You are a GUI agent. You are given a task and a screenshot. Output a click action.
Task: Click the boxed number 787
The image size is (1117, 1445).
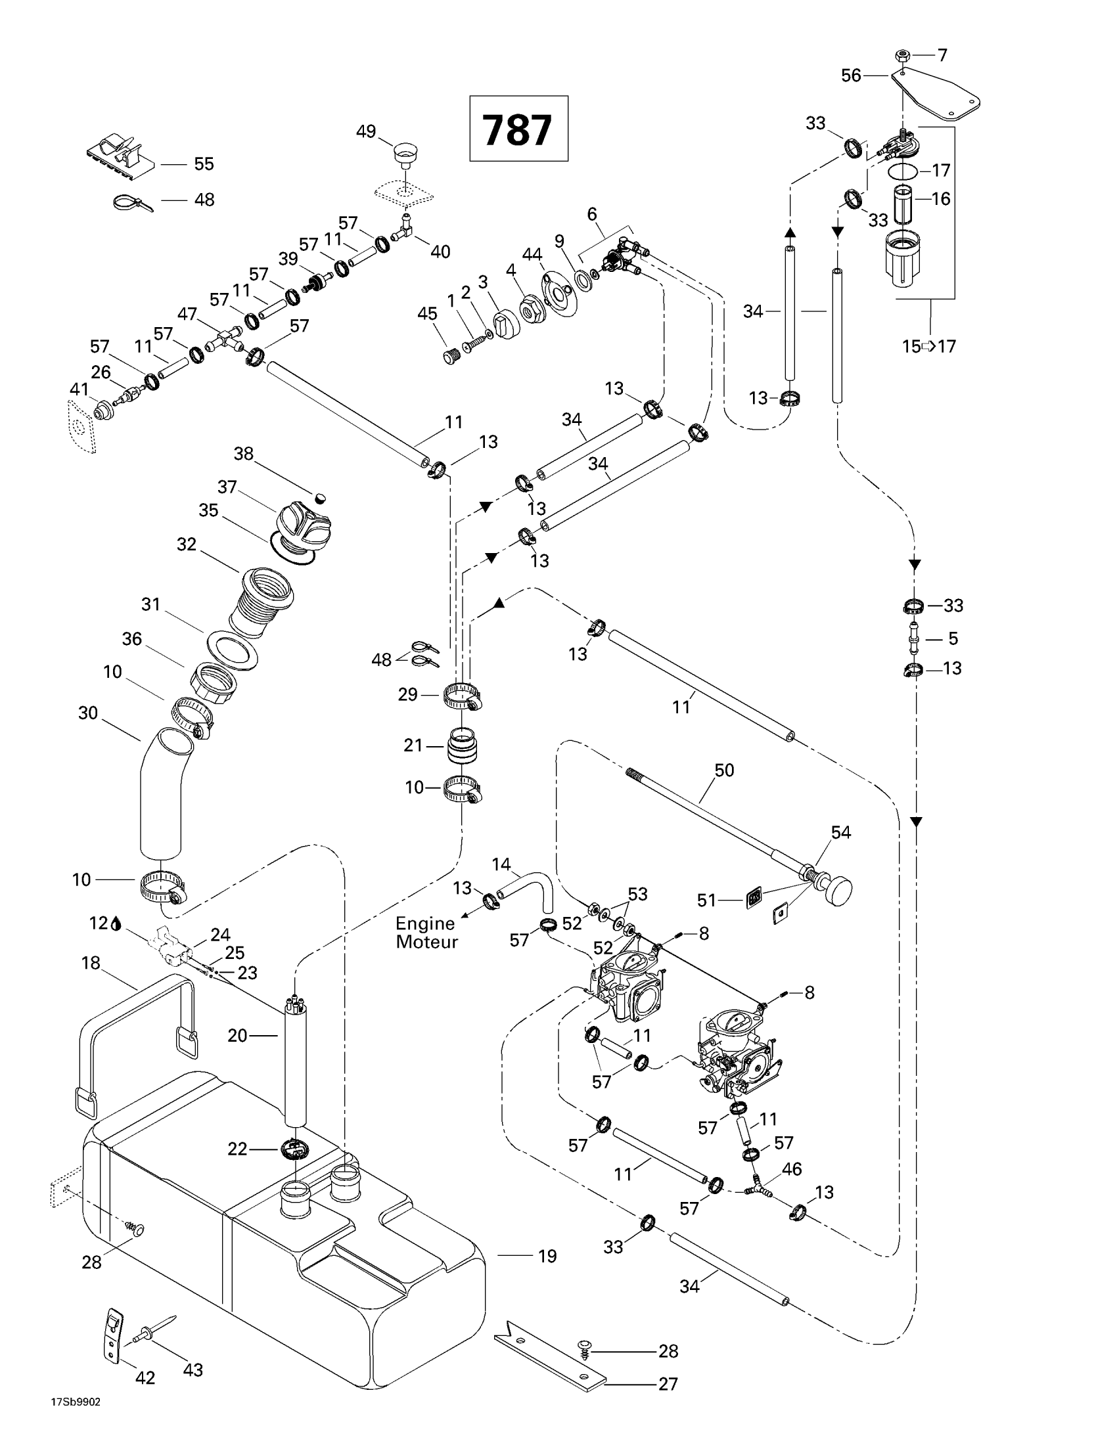pos(518,129)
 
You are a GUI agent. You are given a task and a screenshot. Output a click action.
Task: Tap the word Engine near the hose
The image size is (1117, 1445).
pos(426,923)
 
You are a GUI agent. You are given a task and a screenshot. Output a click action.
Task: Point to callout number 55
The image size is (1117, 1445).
pos(204,164)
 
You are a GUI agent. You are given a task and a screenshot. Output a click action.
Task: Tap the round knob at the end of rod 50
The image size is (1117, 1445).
pos(837,891)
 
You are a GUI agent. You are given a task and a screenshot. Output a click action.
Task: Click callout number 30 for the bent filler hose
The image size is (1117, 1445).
pos(88,713)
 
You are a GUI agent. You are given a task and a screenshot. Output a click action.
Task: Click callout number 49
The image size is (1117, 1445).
pos(366,131)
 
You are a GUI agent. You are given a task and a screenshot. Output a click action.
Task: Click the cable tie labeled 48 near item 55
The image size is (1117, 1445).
pos(131,202)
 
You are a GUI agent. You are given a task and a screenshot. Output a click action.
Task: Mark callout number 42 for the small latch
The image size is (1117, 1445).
pos(145,1377)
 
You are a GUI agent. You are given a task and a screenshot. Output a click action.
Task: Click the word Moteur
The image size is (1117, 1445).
pos(427,942)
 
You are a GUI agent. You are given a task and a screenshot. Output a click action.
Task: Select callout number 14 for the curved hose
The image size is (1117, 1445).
pos(501,864)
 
